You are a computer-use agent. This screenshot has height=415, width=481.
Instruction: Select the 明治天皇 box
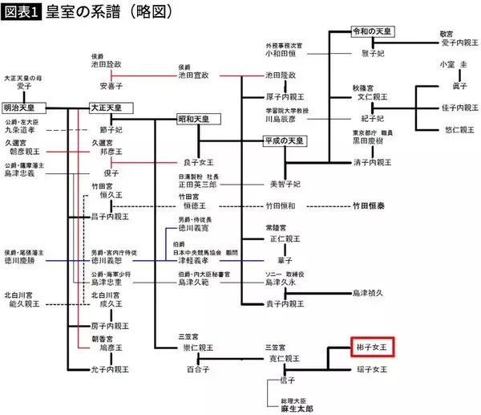(25, 107)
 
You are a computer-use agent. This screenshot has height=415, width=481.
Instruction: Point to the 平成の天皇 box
(284, 141)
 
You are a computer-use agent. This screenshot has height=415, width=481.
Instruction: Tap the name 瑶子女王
(373, 368)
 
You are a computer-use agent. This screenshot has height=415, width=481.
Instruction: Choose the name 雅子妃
(375, 48)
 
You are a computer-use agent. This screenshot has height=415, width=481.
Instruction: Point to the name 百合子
(198, 368)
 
